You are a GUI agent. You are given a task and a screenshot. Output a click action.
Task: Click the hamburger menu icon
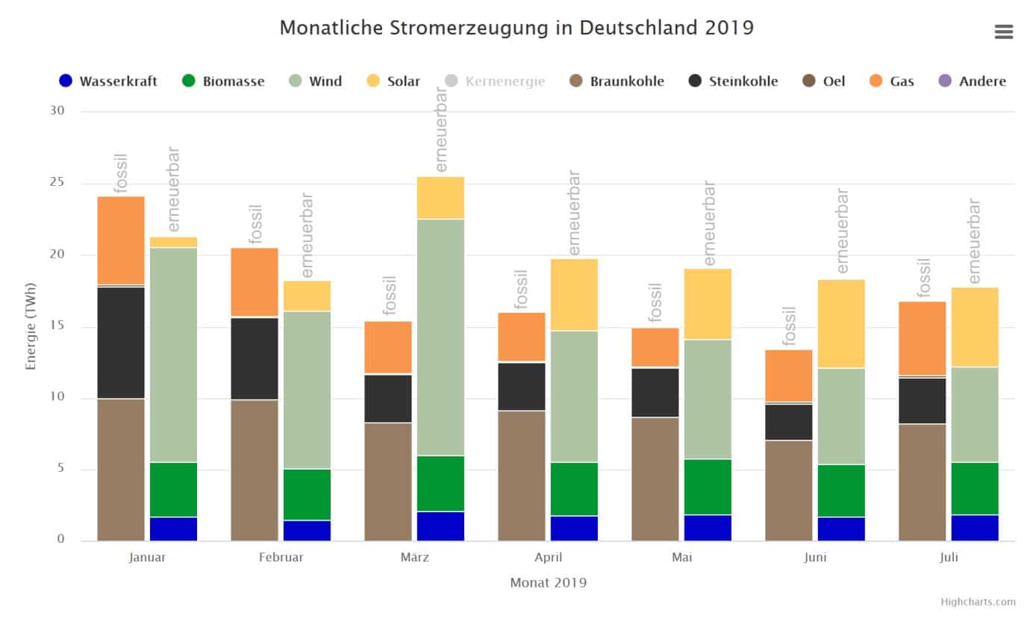tap(1003, 31)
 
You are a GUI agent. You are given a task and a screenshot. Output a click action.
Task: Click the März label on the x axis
tap(415, 557)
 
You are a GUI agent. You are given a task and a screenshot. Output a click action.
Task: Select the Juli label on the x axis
tap(949, 557)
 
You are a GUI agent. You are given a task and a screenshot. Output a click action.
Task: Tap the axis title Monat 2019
tap(548, 582)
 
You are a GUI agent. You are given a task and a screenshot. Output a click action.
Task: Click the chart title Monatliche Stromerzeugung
tap(516, 28)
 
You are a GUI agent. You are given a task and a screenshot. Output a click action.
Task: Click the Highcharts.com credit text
tap(978, 602)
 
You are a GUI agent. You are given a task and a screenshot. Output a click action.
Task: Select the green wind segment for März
tap(440, 336)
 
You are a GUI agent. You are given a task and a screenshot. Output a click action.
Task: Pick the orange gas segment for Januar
tap(121, 240)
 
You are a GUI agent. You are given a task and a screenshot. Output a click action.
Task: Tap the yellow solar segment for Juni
tap(841, 324)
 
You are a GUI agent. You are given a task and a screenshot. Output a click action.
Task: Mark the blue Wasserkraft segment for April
tap(574, 528)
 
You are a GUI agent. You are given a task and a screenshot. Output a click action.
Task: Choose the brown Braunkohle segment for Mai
tap(655, 479)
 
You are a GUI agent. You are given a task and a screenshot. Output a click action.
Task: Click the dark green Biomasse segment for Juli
tap(975, 488)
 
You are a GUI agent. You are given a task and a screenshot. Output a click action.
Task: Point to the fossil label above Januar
tap(121, 173)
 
